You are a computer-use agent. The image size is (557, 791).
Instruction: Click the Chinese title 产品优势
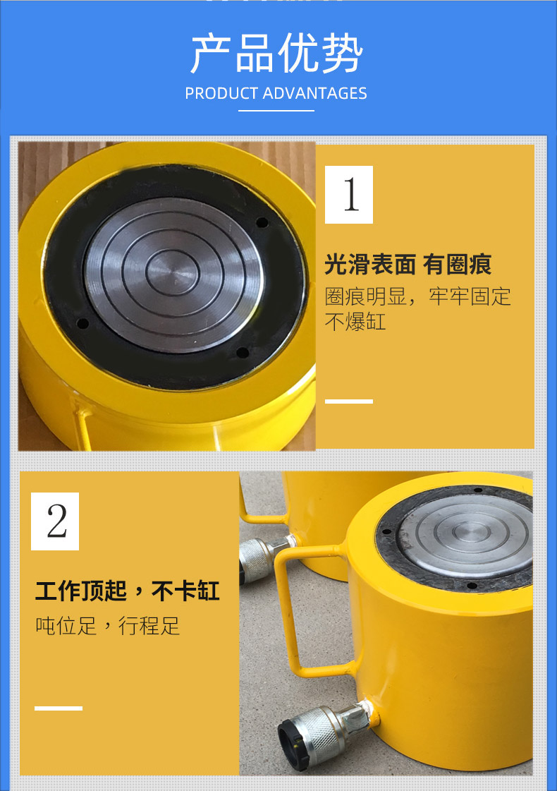276,53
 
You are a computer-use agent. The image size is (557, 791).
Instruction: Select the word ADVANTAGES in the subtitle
315,93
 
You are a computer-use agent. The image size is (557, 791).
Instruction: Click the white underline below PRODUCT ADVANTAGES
276,111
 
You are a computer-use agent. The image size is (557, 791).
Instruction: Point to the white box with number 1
349,194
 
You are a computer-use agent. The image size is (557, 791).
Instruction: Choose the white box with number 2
55,521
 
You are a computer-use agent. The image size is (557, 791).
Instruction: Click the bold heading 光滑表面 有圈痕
408,265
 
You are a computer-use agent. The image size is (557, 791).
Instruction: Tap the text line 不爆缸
355,322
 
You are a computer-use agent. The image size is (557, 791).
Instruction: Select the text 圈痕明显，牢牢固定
418,296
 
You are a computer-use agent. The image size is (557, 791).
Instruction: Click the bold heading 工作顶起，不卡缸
128,591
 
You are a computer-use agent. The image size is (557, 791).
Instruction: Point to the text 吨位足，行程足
108,626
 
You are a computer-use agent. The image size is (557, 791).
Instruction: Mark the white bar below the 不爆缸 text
349,401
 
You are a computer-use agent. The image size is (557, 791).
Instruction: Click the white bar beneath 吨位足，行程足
59,708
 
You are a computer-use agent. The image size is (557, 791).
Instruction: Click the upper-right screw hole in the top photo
262,222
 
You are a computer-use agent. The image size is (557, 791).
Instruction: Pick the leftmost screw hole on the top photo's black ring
82,323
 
